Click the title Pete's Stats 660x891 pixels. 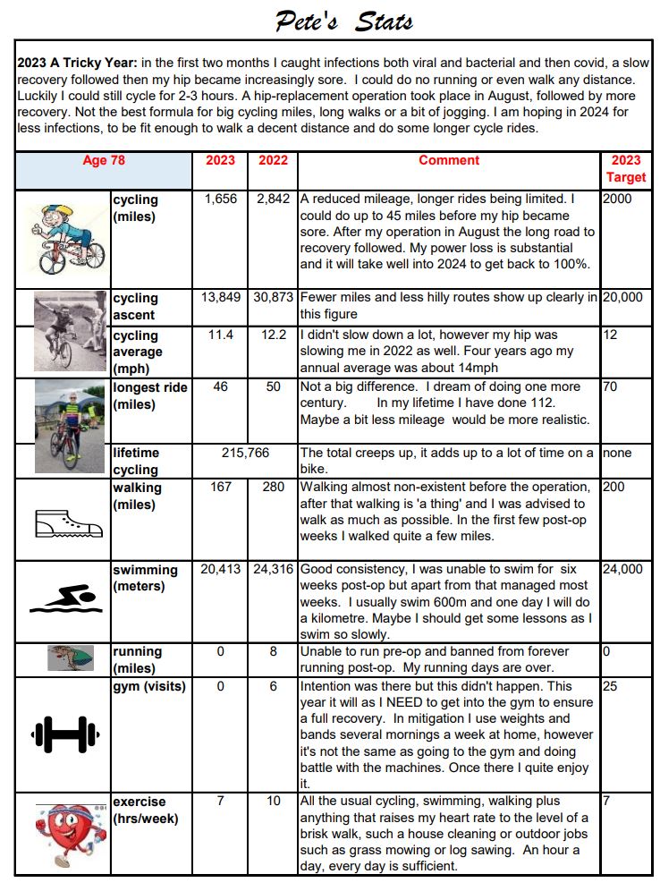343,21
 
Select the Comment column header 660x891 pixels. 449,161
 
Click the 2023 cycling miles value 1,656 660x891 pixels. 221,199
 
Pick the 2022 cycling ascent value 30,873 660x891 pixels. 273,297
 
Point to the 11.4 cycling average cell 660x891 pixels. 221,335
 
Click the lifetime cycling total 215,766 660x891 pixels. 246,454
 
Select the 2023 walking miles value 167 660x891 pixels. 221,488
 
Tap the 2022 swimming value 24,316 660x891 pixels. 273,570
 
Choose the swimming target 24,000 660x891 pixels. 622,570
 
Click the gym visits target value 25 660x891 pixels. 611,686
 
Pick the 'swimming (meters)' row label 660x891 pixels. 145,578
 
